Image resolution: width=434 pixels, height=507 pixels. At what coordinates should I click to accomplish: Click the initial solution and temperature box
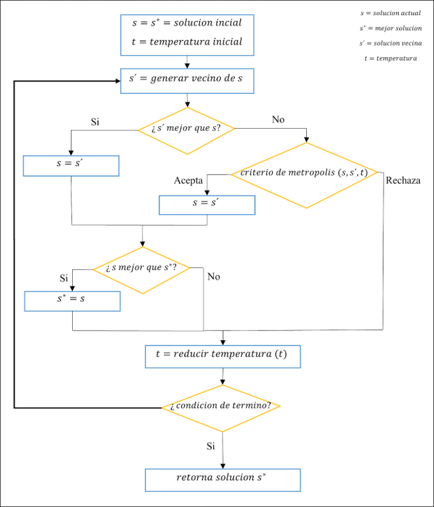click(187, 32)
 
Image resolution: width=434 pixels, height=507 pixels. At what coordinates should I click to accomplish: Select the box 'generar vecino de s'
click(187, 80)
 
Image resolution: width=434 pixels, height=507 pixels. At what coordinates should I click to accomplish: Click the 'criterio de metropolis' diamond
click(306, 175)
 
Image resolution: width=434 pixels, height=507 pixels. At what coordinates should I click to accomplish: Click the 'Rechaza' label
click(403, 181)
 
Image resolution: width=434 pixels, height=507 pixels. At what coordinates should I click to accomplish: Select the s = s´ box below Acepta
click(207, 204)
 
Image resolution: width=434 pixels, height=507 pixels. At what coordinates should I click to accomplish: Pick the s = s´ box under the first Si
click(71, 165)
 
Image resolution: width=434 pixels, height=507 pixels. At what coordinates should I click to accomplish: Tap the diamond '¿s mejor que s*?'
click(142, 269)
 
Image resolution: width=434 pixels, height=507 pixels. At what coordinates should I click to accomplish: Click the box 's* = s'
click(72, 301)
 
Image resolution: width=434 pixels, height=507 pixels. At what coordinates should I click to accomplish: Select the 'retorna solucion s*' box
click(222, 479)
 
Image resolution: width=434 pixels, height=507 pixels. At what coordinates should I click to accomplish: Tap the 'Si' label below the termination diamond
click(210, 447)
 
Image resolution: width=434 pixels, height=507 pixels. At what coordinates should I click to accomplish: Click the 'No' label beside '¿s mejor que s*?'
click(214, 276)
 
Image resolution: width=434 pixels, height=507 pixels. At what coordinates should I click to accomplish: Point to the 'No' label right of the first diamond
click(279, 120)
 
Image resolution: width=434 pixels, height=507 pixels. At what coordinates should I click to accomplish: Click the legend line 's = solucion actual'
click(391, 12)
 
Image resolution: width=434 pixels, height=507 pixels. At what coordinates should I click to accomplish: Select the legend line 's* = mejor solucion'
click(391, 28)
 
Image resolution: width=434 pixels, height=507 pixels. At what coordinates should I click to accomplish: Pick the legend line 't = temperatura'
click(391, 58)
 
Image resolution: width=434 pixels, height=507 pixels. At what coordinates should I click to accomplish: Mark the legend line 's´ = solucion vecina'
click(391, 43)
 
